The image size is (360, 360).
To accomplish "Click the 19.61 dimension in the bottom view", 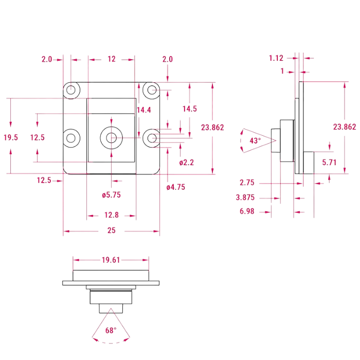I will (x=111, y=260).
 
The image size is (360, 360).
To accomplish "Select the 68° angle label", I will (x=111, y=330).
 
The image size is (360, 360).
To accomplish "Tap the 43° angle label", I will (x=255, y=140).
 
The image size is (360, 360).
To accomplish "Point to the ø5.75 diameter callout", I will (x=111, y=195).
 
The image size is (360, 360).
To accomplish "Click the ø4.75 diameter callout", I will (x=175, y=187).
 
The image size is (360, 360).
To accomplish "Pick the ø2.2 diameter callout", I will (x=187, y=163).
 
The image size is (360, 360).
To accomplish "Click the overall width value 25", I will (x=111, y=231).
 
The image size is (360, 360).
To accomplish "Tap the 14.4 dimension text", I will (x=144, y=110).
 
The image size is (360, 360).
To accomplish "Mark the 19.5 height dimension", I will (x=10, y=137).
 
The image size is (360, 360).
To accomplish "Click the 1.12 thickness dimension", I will (x=276, y=58).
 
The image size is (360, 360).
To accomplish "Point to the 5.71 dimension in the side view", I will (x=329, y=163).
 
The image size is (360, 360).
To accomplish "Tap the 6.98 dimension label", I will (x=247, y=211).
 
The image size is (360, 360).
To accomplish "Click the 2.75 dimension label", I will (x=248, y=183).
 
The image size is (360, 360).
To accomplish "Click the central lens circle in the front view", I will (x=111, y=137).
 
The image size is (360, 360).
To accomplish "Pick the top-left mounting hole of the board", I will (x=71, y=91).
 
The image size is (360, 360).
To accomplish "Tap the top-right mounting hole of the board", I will (x=152, y=91).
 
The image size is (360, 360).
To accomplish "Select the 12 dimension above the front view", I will (x=112, y=60).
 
